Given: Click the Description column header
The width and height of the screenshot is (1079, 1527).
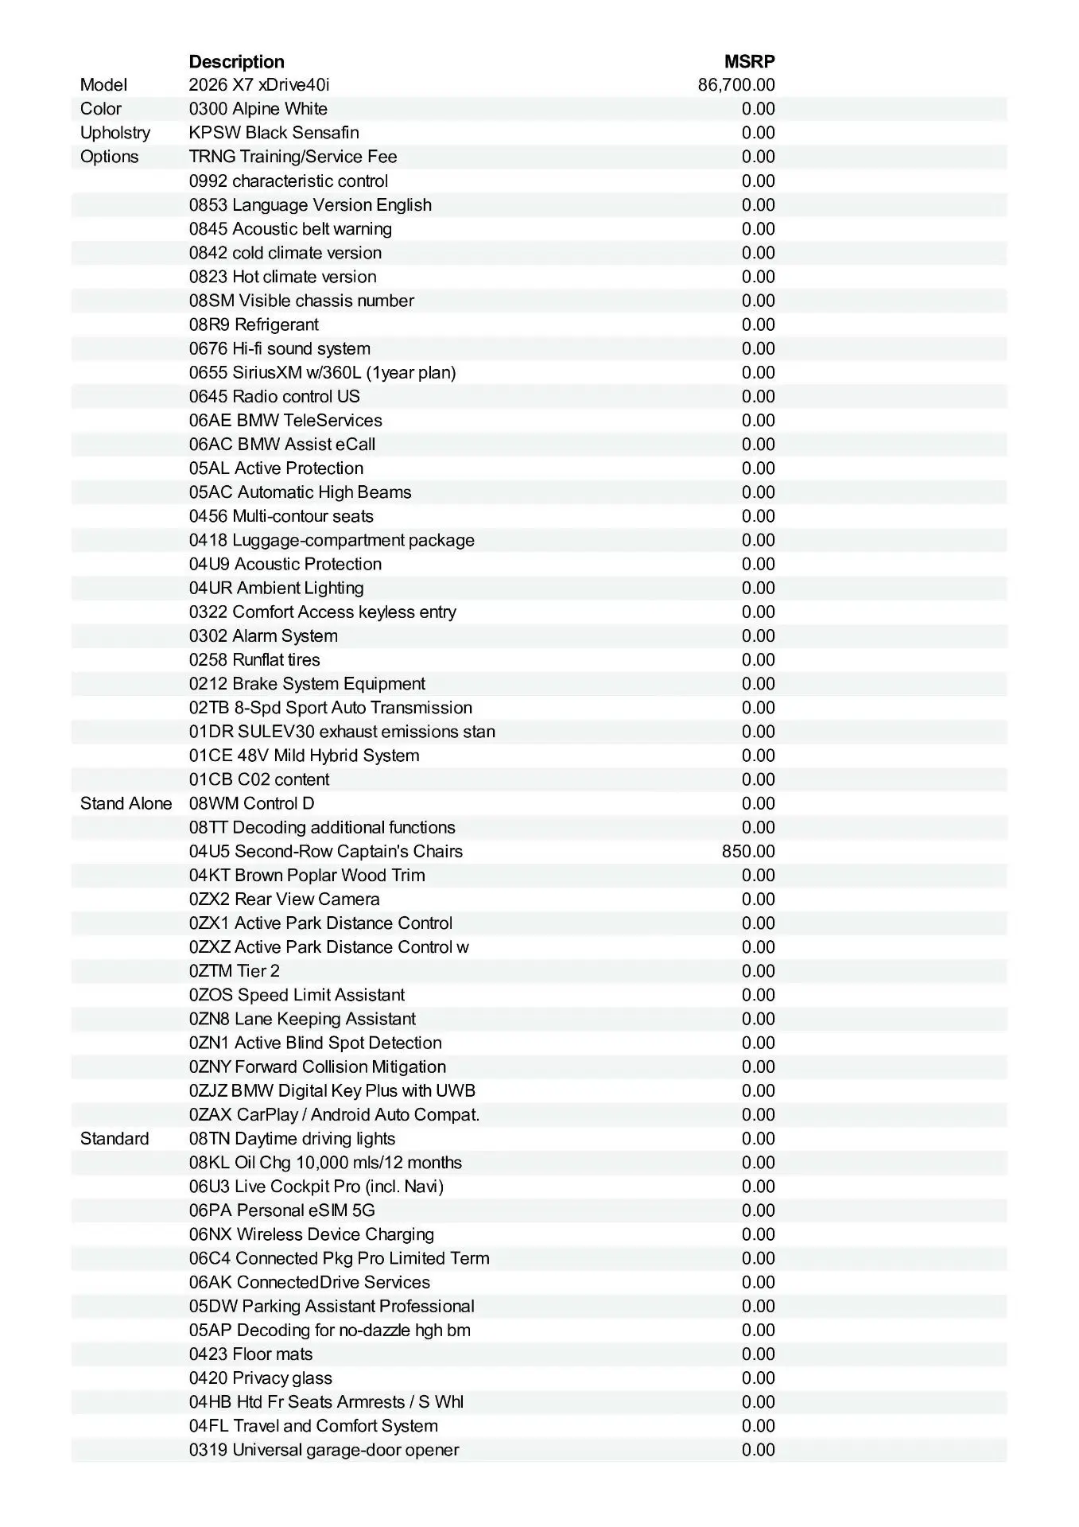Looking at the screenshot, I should [x=236, y=62].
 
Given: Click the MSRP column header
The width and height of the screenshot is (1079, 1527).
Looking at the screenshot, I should [x=749, y=62].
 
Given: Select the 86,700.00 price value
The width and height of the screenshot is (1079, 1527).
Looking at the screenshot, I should [x=736, y=85].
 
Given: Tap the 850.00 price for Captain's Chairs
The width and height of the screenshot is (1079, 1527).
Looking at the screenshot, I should [x=748, y=851].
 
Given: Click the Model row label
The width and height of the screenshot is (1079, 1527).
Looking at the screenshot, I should [x=103, y=85].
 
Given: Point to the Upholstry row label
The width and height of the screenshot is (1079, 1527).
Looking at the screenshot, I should [x=115, y=133].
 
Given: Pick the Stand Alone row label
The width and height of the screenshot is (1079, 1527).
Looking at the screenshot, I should [x=126, y=803].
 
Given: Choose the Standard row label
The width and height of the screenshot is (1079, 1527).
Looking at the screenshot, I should [x=114, y=1138].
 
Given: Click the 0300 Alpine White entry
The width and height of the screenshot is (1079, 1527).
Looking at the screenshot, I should [x=258, y=109].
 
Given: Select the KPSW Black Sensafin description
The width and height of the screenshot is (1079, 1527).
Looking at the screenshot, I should [x=274, y=133].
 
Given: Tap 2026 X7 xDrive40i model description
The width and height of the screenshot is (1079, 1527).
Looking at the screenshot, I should [x=258, y=85].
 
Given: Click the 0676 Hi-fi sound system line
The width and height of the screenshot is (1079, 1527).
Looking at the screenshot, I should [x=279, y=348].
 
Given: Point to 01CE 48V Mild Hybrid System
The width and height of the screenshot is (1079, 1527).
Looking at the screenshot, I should [x=304, y=756].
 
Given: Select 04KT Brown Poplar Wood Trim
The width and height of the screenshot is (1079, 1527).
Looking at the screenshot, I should [x=306, y=875].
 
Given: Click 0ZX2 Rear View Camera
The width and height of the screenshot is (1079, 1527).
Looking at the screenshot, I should [x=284, y=899].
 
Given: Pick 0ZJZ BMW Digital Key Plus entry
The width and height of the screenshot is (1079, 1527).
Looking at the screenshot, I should [x=332, y=1090].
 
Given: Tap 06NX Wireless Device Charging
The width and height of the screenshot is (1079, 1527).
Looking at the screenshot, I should [x=311, y=1234].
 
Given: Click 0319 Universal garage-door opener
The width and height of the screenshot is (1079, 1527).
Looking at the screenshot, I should [x=324, y=1450].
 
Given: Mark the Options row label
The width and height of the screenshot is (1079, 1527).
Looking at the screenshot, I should [x=109, y=157].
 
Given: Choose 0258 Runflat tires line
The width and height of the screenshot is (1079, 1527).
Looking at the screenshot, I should [x=254, y=659].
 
